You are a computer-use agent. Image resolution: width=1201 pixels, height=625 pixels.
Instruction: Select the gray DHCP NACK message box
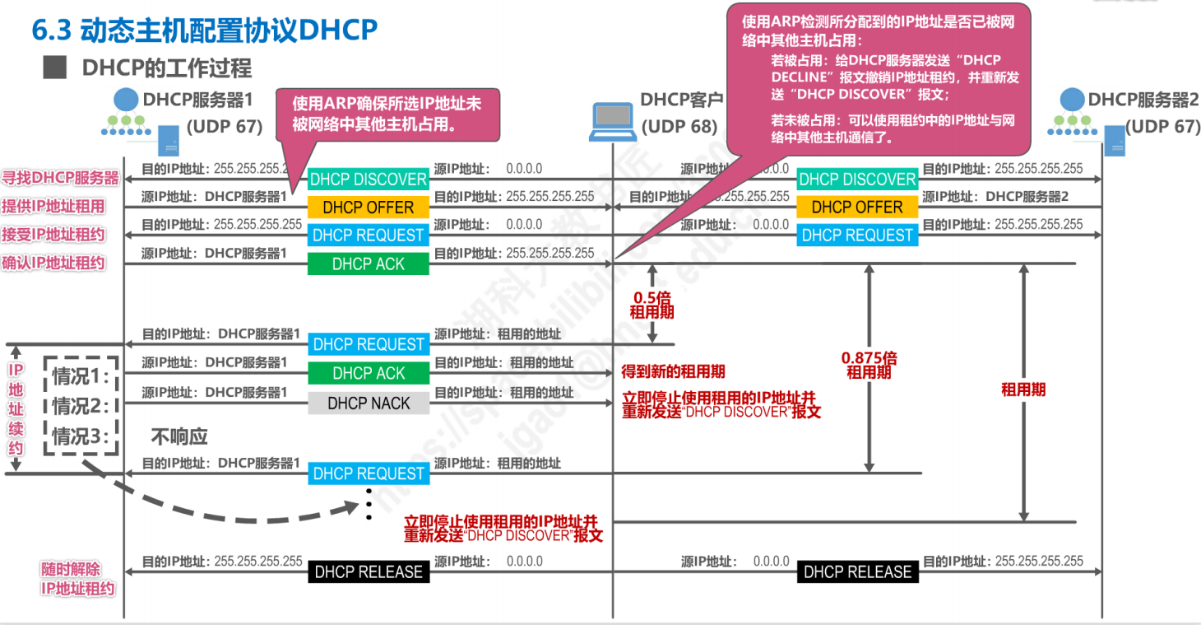369,403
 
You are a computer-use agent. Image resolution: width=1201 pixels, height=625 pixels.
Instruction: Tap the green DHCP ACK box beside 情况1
369,374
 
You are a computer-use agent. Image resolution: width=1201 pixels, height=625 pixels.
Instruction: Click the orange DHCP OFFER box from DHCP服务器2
857,208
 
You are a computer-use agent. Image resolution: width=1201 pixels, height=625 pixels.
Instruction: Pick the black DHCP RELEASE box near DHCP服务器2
857,571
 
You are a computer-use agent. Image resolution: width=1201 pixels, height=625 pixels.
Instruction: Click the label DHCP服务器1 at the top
197,100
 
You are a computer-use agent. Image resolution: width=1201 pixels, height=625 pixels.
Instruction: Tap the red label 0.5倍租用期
652,305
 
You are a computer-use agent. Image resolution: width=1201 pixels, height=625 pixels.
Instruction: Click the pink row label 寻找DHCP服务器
60,178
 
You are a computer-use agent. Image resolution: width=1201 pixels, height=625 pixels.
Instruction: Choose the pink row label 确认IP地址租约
53,263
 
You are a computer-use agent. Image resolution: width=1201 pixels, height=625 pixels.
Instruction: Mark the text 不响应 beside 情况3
179,436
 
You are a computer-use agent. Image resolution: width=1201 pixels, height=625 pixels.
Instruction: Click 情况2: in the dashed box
81,406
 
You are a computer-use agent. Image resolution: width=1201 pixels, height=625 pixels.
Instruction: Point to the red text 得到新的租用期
673,371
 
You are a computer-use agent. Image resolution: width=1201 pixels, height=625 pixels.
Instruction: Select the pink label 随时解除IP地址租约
78,579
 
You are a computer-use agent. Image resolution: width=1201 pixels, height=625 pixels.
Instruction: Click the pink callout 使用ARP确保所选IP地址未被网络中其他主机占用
387,114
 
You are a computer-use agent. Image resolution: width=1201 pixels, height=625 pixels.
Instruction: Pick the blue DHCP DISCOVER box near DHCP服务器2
857,180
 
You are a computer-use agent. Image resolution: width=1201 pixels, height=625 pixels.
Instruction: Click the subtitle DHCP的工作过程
166,68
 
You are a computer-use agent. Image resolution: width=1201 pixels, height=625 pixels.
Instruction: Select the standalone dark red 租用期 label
1023,389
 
